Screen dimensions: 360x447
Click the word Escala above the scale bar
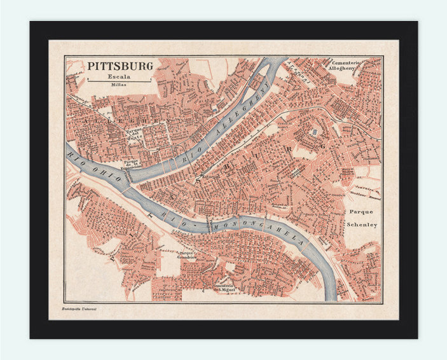point(119,76)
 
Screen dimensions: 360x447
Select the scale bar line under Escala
point(119,81)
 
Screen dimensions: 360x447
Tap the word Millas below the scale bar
point(119,84)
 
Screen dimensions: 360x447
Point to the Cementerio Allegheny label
point(345,66)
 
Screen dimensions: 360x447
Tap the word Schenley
point(363,225)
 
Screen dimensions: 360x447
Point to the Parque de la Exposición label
point(132,164)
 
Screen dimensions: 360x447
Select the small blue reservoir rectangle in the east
point(313,132)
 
